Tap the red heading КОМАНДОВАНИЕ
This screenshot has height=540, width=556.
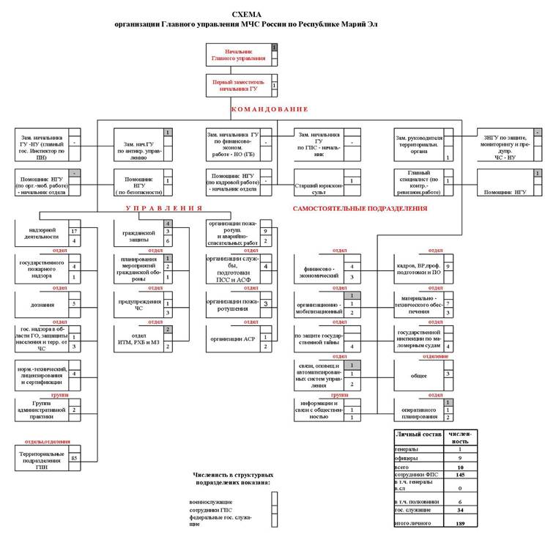tap(269, 109)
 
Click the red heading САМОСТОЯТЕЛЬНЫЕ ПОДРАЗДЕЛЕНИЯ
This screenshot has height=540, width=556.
tap(360, 209)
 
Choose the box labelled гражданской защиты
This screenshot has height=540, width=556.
tap(138, 236)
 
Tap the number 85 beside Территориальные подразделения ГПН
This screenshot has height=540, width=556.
tap(75, 458)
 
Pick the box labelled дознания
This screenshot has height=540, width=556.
tap(42, 303)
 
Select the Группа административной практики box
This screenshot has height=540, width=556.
tap(42, 410)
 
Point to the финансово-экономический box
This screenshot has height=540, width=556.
tap(320, 271)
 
